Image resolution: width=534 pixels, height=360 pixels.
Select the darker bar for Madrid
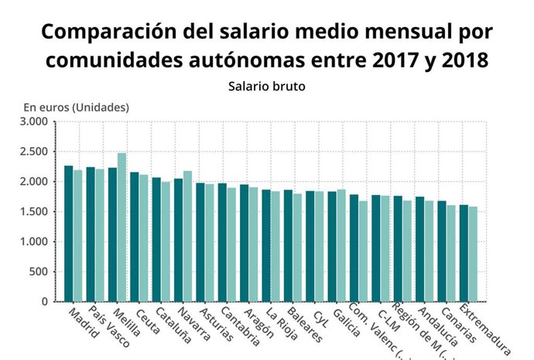click(x=69, y=233)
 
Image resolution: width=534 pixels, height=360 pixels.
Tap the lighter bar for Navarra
click(x=187, y=236)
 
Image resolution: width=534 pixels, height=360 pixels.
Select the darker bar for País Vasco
click(x=91, y=234)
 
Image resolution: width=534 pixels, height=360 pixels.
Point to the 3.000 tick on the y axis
click(x=34, y=122)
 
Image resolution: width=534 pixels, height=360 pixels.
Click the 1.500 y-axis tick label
click(x=34, y=211)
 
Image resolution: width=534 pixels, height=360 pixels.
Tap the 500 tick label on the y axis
click(x=39, y=272)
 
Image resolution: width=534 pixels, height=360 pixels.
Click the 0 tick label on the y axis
click(x=46, y=301)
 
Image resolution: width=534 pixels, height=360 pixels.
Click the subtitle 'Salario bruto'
click(x=266, y=86)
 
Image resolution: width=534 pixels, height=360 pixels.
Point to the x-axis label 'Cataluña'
click(x=171, y=324)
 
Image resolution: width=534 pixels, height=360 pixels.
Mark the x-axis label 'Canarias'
click(x=459, y=324)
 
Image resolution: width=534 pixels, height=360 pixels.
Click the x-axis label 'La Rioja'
click(x=282, y=324)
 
